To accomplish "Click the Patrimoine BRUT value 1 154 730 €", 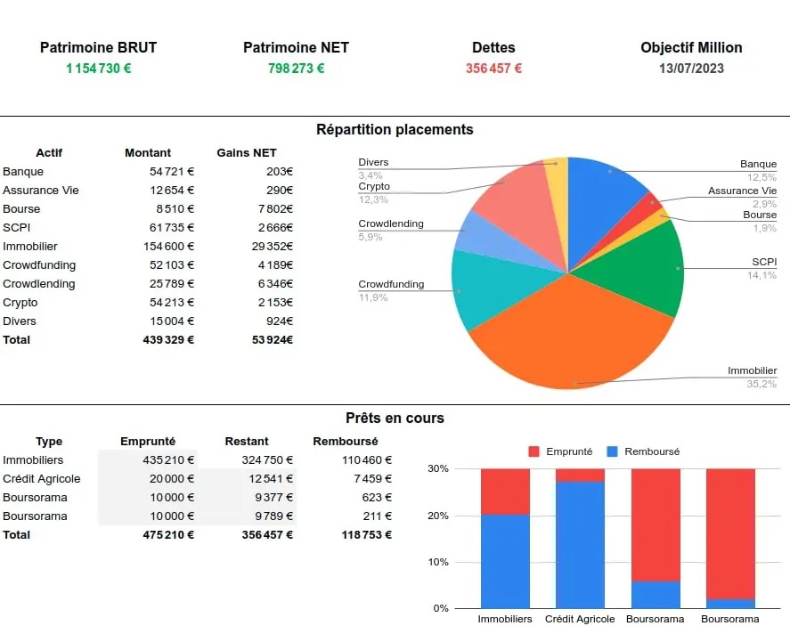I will click(x=98, y=69).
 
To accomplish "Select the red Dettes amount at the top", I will click(x=493, y=69).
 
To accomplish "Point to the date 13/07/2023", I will click(x=691, y=69).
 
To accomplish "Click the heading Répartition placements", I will click(x=395, y=130).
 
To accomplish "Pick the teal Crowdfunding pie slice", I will click(x=485, y=289).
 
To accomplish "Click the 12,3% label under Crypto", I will click(x=373, y=199).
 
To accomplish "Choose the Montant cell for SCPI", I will click(x=171, y=228).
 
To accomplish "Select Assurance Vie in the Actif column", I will click(x=41, y=191).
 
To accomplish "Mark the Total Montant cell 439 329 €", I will click(x=168, y=340).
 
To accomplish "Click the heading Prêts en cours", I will click(x=395, y=419).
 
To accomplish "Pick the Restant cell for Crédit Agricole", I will click(x=267, y=479).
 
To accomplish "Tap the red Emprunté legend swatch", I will click(x=534, y=451).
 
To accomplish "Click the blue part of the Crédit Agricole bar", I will click(x=580, y=543).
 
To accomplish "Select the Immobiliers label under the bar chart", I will click(x=505, y=619).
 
